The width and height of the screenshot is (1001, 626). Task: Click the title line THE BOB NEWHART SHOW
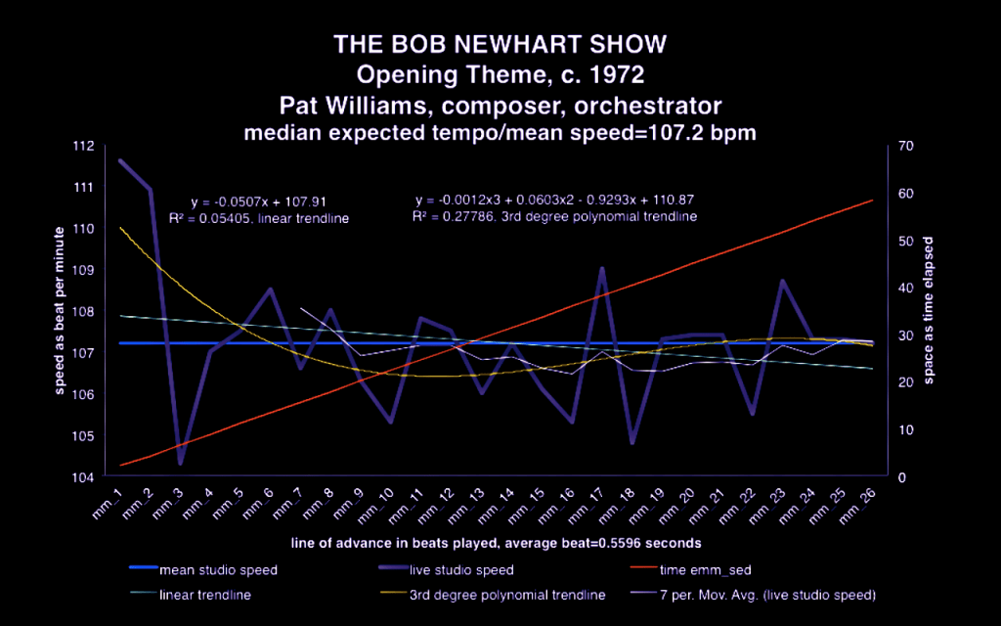pos(500,45)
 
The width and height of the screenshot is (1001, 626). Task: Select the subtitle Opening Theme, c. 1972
pos(500,74)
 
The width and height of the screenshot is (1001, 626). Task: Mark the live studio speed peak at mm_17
pos(602,267)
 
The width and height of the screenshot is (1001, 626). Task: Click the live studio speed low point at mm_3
pos(180,463)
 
